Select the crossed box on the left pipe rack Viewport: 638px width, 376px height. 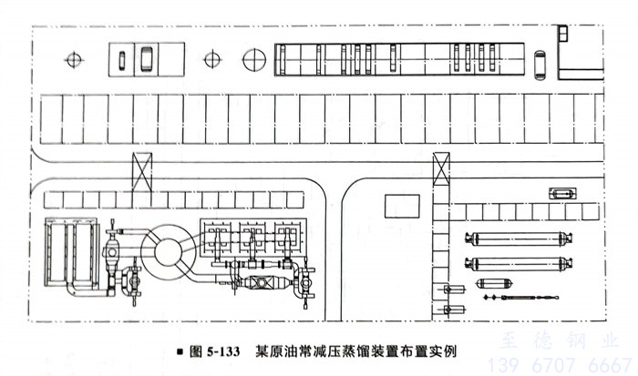pos(142,170)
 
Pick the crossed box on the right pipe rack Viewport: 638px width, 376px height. pos(442,170)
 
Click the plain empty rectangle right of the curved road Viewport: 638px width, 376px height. pos(402,206)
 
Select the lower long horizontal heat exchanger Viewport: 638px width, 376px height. pos(519,265)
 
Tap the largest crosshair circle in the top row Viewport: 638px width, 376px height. pos(254,60)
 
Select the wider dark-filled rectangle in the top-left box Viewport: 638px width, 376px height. pos(146,61)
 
